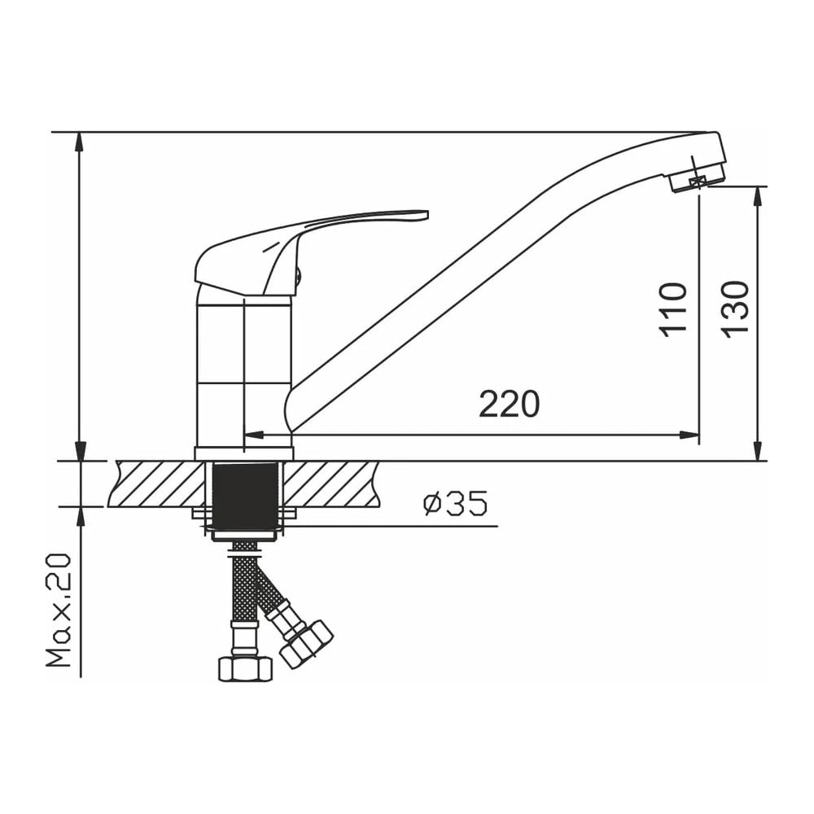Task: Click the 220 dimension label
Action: pos(510,405)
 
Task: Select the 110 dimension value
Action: pos(673,310)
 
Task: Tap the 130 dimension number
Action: pos(735,310)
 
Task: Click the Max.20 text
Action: pos(59,610)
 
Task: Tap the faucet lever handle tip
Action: pos(427,214)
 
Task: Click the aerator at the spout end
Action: pos(696,182)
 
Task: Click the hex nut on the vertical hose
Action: pos(245,669)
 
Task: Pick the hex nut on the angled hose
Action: pos(306,644)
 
